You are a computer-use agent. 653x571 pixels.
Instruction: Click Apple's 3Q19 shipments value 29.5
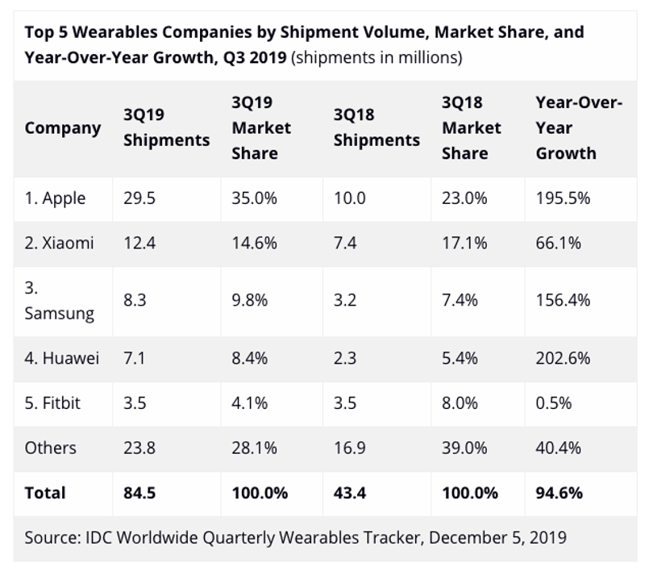pos(139,198)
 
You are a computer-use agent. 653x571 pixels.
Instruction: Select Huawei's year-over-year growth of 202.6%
pos(563,358)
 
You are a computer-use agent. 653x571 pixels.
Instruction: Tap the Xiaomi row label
pos(59,244)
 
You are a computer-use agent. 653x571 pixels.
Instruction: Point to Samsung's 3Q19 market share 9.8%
pos(249,300)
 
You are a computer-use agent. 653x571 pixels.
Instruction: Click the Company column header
pos(63,128)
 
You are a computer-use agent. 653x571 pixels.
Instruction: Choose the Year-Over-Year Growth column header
pos(579,128)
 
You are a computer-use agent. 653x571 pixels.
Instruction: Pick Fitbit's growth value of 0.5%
pos(554,403)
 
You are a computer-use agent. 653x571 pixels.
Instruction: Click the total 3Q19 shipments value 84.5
pos(139,493)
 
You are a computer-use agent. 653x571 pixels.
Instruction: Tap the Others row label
pos(51,448)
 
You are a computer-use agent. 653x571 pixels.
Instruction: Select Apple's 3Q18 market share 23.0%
pos(464,198)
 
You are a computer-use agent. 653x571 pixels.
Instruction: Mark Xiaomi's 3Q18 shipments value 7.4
pos(345,244)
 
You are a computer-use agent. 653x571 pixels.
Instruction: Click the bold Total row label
pos(45,493)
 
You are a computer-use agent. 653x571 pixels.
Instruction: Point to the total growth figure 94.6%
pos(559,493)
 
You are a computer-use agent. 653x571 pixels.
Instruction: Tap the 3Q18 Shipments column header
pos(376,127)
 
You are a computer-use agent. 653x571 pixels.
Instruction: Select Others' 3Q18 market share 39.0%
pos(464,448)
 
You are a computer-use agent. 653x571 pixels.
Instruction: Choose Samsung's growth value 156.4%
pos(563,300)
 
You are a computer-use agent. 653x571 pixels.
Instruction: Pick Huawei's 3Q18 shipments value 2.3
pos(345,358)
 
